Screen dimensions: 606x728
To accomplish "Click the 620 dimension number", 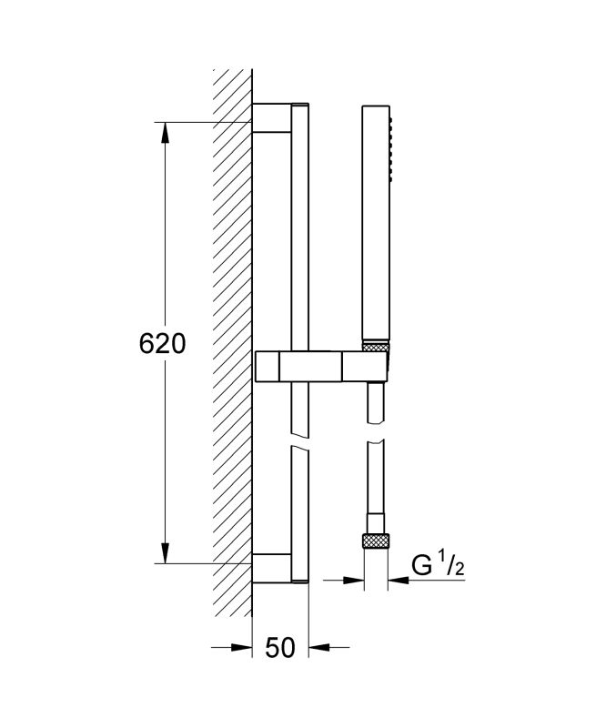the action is point(162,344).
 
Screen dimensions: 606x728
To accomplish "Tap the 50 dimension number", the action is point(280,647).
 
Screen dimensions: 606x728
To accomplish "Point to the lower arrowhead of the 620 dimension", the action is point(166,552).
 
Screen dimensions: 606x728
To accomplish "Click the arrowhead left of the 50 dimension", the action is point(241,647).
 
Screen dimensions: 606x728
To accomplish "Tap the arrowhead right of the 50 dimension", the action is point(319,647).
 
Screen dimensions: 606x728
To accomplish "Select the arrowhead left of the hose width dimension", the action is point(353,580).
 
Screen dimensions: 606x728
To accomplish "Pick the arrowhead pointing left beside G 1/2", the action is point(399,580).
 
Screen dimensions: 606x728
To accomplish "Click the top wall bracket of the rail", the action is point(272,118).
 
